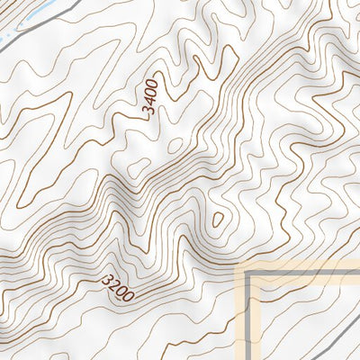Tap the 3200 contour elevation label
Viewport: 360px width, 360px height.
pos(119,288)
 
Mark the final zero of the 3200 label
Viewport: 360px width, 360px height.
pos(130,295)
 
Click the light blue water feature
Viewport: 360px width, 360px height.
pos(27,15)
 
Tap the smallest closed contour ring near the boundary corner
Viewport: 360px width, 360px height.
pos(217,219)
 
